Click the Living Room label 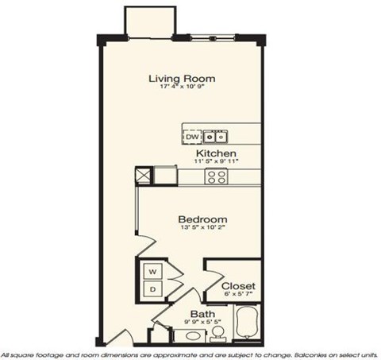coord(183,78)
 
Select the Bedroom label coord(202,219)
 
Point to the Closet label coord(237,285)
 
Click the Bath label coord(200,315)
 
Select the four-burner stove coord(214,176)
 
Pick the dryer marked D coord(152,289)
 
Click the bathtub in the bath coord(248,321)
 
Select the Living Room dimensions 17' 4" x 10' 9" coord(183,87)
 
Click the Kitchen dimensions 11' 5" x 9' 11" coord(216,161)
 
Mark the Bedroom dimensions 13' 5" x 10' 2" coord(202,229)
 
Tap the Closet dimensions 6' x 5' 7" coord(237,295)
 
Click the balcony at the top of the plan coord(151,21)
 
